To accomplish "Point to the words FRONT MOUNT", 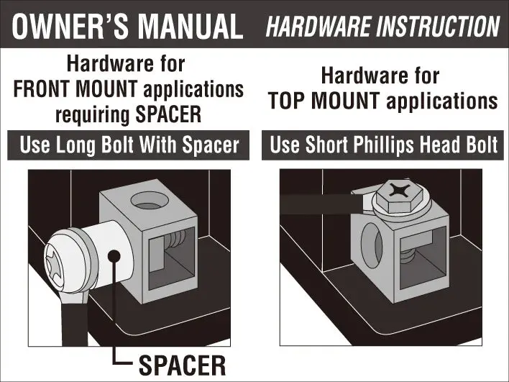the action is click(x=75, y=89).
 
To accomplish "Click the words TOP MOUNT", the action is click(x=324, y=101).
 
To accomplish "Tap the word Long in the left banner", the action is click(x=76, y=145).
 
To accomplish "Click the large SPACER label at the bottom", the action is click(x=182, y=365).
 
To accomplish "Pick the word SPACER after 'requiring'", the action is click(x=168, y=114).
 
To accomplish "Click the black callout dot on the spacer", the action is click(x=114, y=256).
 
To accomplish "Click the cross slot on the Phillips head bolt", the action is click(x=399, y=190).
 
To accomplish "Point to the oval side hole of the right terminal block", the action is click(x=372, y=245).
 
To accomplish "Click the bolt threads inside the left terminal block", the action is click(x=175, y=239).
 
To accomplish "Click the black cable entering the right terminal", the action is click(x=320, y=204).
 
